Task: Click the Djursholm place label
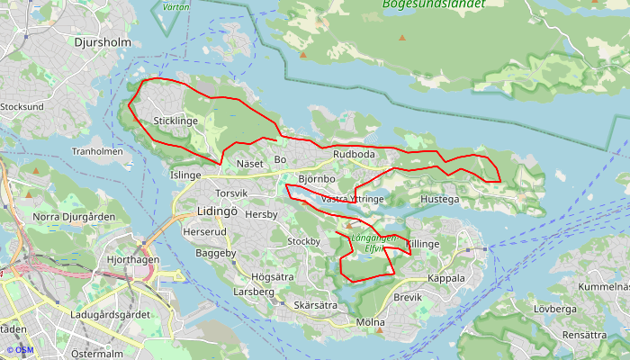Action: tap(103, 42)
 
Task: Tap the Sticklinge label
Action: tap(175, 121)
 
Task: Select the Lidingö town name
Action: tap(216, 211)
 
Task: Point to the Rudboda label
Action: tap(354, 155)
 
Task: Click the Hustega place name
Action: tap(440, 199)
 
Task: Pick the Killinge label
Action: tap(422, 244)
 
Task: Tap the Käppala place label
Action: tap(446, 278)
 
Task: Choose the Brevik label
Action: tap(408, 297)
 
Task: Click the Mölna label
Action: tap(370, 322)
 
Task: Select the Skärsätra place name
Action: tap(315, 306)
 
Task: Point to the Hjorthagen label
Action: tap(132, 259)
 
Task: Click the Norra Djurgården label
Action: tap(74, 217)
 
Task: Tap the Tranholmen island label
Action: tap(97, 152)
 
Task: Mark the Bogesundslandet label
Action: tap(434, 4)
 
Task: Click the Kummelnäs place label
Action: tap(603, 287)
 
